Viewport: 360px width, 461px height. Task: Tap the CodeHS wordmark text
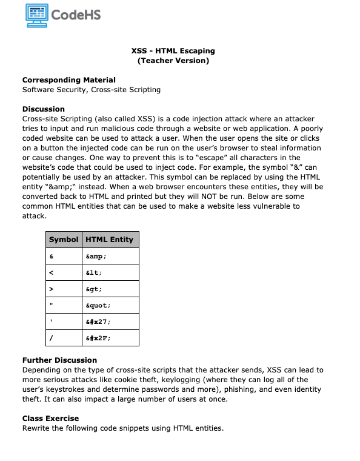76,15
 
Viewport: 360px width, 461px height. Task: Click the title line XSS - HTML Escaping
173,51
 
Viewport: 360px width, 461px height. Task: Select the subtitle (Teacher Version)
173,61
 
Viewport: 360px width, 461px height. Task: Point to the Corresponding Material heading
68,80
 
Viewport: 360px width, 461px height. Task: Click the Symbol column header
64,240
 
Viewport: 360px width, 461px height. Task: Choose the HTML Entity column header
109,240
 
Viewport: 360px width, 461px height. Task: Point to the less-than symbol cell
52,273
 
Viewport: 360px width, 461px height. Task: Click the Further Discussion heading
59,360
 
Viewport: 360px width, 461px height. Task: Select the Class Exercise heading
50,419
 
